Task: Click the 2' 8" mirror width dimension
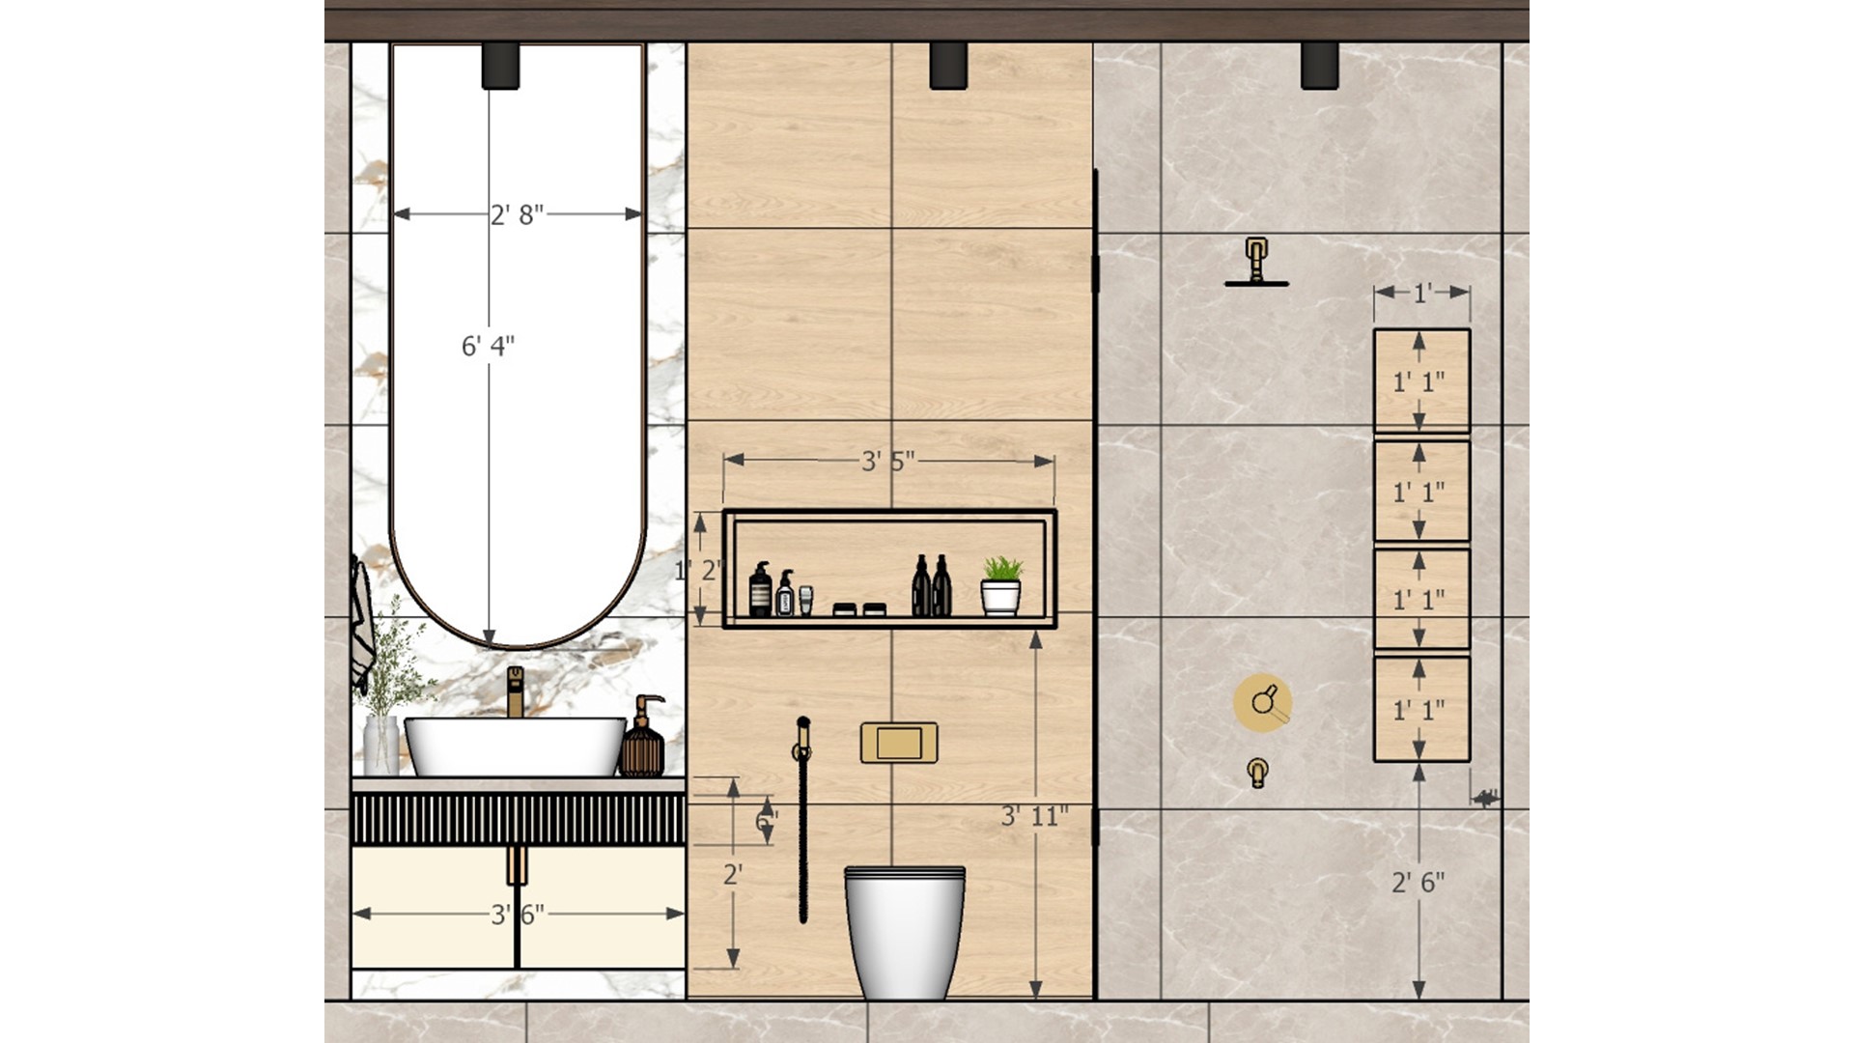517,214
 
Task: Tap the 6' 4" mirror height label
488,346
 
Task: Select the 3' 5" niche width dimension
887,462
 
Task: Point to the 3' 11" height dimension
1034,816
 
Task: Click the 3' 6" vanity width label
518,914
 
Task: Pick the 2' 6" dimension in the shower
1418,882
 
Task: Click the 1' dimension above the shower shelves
1422,293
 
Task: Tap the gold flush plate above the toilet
899,743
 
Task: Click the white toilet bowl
904,930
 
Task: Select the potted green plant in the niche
1001,585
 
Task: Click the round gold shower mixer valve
1262,701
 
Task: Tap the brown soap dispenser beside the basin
642,742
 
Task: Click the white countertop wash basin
515,746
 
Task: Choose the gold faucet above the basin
516,691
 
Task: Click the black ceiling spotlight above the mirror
500,66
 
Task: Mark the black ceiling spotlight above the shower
1319,66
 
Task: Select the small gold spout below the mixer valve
1257,772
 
